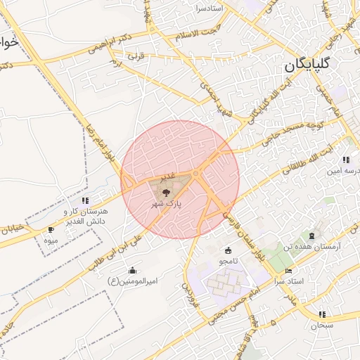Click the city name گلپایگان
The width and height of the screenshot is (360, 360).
[x=317, y=65]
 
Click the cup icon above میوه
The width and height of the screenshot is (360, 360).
[x=51, y=229]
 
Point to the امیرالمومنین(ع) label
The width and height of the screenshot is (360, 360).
[x=131, y=281]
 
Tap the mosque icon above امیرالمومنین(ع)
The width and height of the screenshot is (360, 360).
[x=132, y=270]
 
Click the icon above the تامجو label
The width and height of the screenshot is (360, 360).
[x=228, y=250]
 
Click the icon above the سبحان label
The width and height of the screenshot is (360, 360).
[x=323, y=314]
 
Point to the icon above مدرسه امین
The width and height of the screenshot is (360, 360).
[x=345, y=160]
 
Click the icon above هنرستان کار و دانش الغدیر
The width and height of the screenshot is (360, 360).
[x=85, y=200]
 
